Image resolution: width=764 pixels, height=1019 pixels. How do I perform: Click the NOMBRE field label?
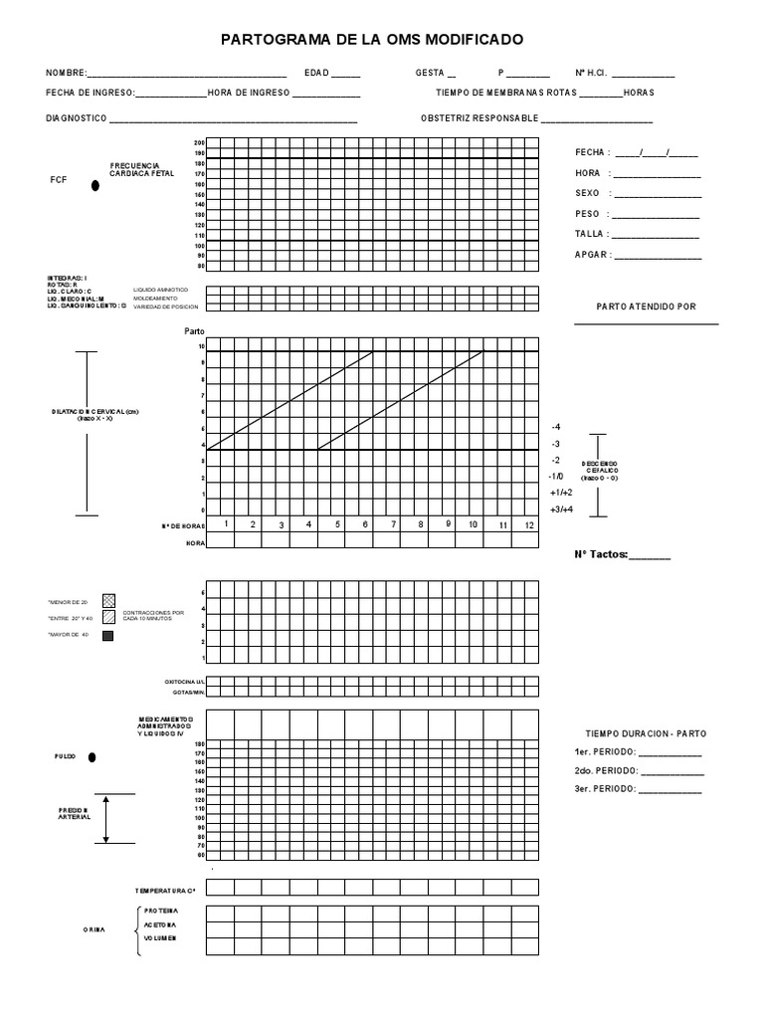[66, 74]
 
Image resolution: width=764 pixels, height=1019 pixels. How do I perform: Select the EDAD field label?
[316, 74]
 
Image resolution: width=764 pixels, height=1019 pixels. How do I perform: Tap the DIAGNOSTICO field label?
[76, 117]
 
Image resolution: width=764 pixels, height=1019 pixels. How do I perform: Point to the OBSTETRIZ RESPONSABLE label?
[478, 117]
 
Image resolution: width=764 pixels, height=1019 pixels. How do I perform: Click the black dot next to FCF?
[95, 185]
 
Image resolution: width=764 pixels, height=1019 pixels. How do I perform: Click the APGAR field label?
[592, 255]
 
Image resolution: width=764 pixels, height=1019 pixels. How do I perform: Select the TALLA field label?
[591, 235]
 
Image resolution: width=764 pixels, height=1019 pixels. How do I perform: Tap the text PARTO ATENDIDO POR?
[646, 306]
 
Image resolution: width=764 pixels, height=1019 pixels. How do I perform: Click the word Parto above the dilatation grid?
[194, 331]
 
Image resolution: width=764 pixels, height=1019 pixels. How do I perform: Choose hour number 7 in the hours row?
[393, 524]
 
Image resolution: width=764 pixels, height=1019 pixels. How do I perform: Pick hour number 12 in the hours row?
[529, 524]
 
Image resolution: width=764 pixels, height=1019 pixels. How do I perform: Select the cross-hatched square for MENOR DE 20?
[109, 601]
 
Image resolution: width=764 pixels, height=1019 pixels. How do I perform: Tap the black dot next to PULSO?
[93, 757]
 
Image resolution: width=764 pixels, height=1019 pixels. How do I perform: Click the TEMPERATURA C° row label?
[165, 890]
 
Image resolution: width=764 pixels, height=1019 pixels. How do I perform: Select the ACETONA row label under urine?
[160, 924]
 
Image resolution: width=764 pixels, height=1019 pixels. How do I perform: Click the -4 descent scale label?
[555, 426]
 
